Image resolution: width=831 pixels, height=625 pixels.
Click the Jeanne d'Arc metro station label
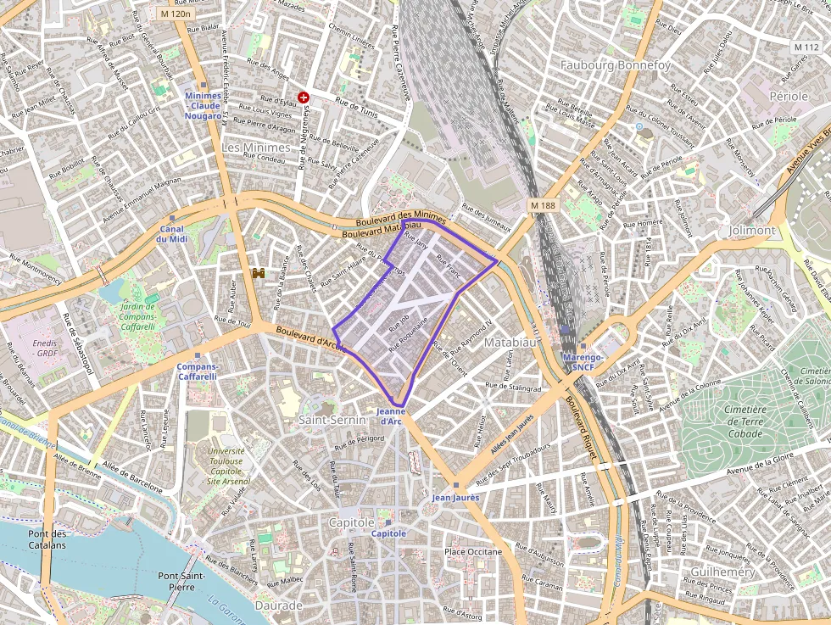(x=391, y=416)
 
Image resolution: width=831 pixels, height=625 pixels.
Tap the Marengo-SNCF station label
(x=583, y=362)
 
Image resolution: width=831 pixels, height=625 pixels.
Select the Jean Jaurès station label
(x=455, y=497)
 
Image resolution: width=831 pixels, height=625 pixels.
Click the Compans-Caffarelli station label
(x=197, y=371)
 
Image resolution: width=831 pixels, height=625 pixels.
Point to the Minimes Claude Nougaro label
(x=203, y=105)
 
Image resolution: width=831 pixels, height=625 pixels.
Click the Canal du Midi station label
(x=171, y=233)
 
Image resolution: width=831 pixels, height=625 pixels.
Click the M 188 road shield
(x=542, y=205)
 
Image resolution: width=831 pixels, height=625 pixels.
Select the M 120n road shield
(x=176, y=14)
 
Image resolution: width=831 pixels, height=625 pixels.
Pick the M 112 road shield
(x=806, y=46)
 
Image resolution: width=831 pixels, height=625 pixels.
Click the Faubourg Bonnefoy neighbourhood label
(x=615, y=65)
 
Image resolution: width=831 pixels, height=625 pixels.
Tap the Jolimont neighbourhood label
(x=751, y=231)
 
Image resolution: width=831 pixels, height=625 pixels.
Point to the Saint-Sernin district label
(x=332, y=420)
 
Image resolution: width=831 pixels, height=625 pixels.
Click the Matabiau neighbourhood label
(x=510, y=343)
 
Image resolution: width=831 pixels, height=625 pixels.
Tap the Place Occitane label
(x=472, y=552)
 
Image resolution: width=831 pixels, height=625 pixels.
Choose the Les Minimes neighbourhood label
(x=255, y=148)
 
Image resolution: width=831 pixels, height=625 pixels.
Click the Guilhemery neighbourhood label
(x=722, y=572)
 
